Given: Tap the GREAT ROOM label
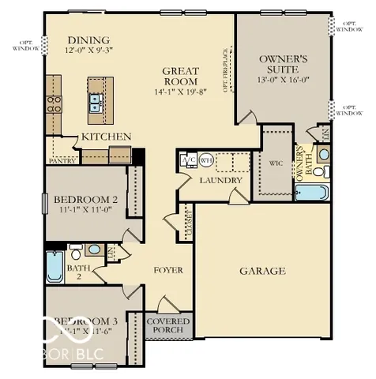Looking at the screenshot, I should click(180, 76).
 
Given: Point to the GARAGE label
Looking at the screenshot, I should click(262, 271).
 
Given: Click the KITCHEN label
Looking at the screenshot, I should click(106, 137).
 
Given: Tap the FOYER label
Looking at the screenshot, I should click(167, 270).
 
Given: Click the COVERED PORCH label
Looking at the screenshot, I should click(167, 326).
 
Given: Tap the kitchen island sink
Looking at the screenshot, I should click(95, 100).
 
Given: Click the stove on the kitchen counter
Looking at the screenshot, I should click(55, 102).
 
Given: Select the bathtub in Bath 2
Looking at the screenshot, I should click(54, 267).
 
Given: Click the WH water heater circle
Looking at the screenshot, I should click(207, 159).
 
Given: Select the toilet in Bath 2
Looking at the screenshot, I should click(76, 252).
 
